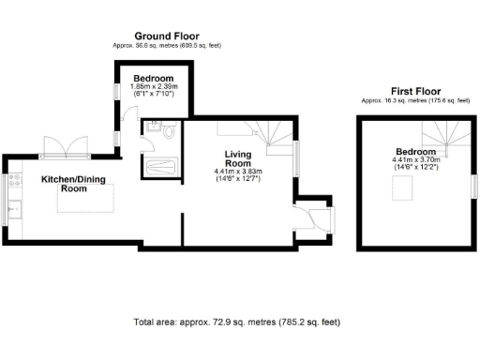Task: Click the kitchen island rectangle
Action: pos(88,201)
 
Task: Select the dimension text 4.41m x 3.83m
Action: pos(238,172)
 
